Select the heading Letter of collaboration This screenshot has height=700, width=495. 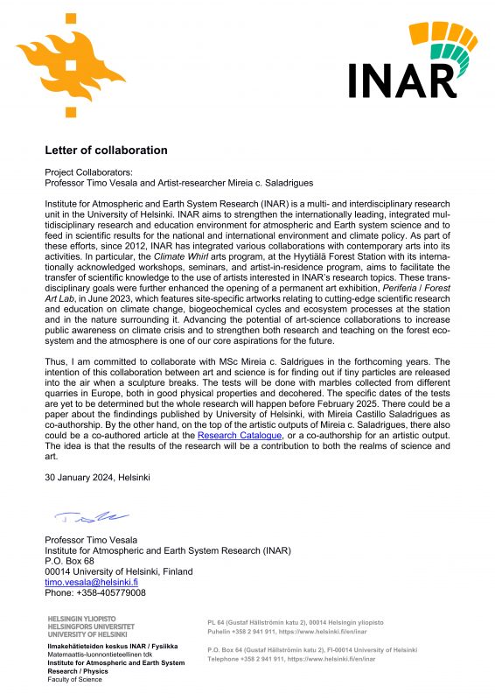(106, 150)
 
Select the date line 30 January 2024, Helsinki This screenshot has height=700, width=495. (97, 478)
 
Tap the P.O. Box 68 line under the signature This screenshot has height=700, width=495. (69, 560)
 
